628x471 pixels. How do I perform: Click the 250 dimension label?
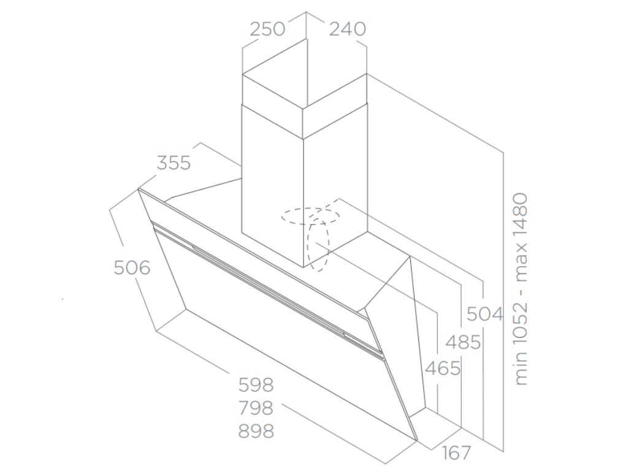(268, 29)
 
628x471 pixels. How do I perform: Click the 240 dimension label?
(348, 29)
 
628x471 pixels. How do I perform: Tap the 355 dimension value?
(174, 163)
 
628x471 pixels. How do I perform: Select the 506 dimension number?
(132, 268)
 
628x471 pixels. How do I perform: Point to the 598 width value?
(256, 385)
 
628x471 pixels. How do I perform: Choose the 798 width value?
(256, 408)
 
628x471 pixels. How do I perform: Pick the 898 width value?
(256, 431)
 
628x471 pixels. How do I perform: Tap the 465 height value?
(443, 369)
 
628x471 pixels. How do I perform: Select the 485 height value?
(463, 342)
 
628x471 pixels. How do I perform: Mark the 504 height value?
(484, 314)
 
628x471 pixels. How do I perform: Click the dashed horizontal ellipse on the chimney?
(310, 215)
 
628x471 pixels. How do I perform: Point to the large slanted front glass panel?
(276, 343)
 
